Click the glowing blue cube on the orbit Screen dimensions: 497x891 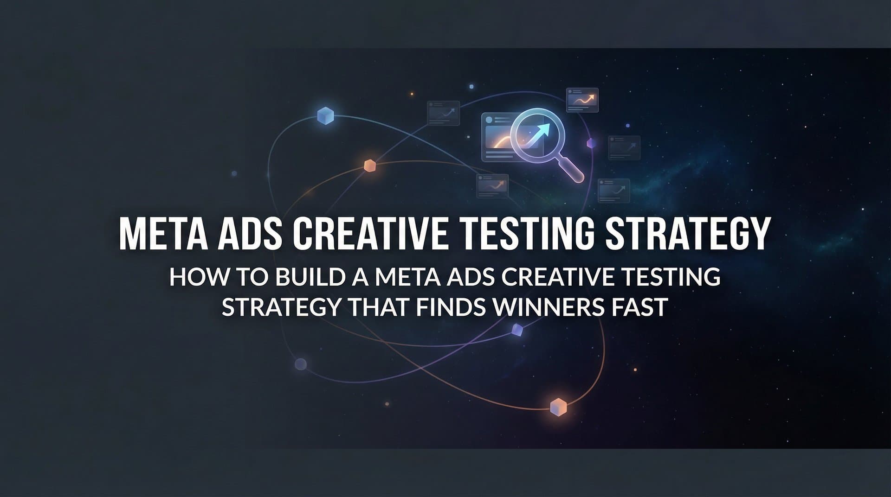pyautogui.click(x=325, y=115)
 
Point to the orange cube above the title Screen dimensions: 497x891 pyautogui.click(x=369, y=166)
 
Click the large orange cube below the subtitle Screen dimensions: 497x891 pyautogui.click(x=558, y=407)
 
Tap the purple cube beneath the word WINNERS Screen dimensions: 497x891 pyautogui.click(x=517, y=330)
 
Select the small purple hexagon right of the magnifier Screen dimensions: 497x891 pyautogui.click(x=591, y=143)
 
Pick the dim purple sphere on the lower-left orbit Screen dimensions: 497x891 pyautogui.click(x=301, y=364)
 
